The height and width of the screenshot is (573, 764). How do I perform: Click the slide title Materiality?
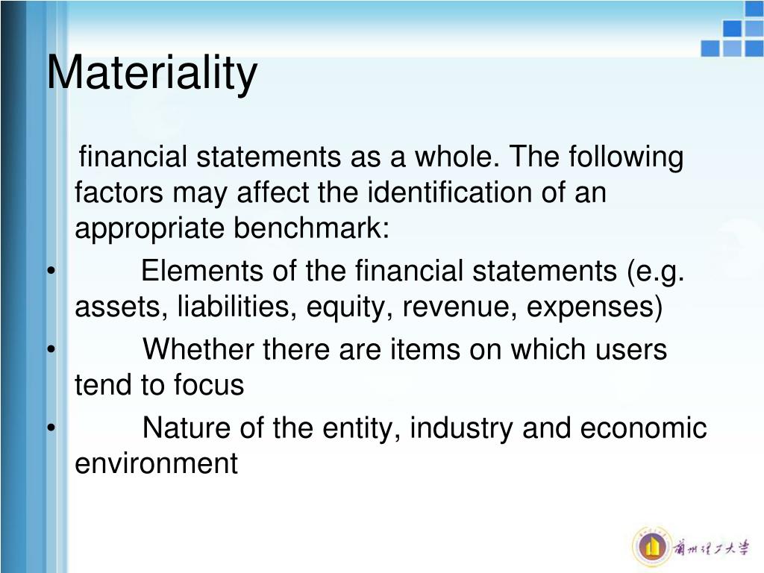tap(152, 74)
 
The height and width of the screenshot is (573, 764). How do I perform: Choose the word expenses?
tap(591, 307)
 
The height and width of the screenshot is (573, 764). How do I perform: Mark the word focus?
tap(209, 384)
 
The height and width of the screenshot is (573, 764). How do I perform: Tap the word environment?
tap(156, 464)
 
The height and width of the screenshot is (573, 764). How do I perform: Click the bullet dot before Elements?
tap(49, 271)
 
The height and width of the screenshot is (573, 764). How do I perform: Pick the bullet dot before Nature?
tap(49, 428)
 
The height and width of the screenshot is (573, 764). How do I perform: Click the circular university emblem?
tap(651, 545)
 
